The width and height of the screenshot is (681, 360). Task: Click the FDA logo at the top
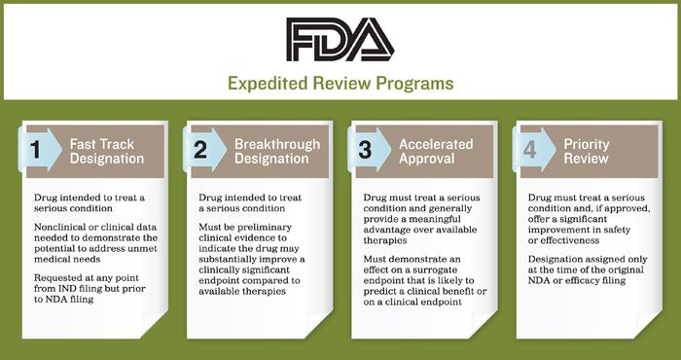(340, 37)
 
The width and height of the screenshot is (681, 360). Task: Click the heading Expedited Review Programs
(340, 83)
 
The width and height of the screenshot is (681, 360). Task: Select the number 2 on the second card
(199, 152)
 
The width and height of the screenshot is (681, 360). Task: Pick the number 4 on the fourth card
(529, 152)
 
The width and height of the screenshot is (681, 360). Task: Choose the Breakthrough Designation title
(276, 152)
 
